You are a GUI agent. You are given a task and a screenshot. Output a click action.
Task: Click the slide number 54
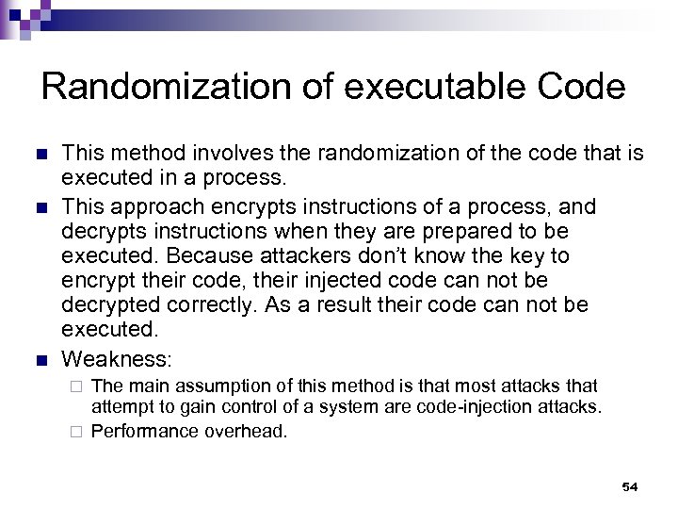pyautogui.click(x=630, y=486)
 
